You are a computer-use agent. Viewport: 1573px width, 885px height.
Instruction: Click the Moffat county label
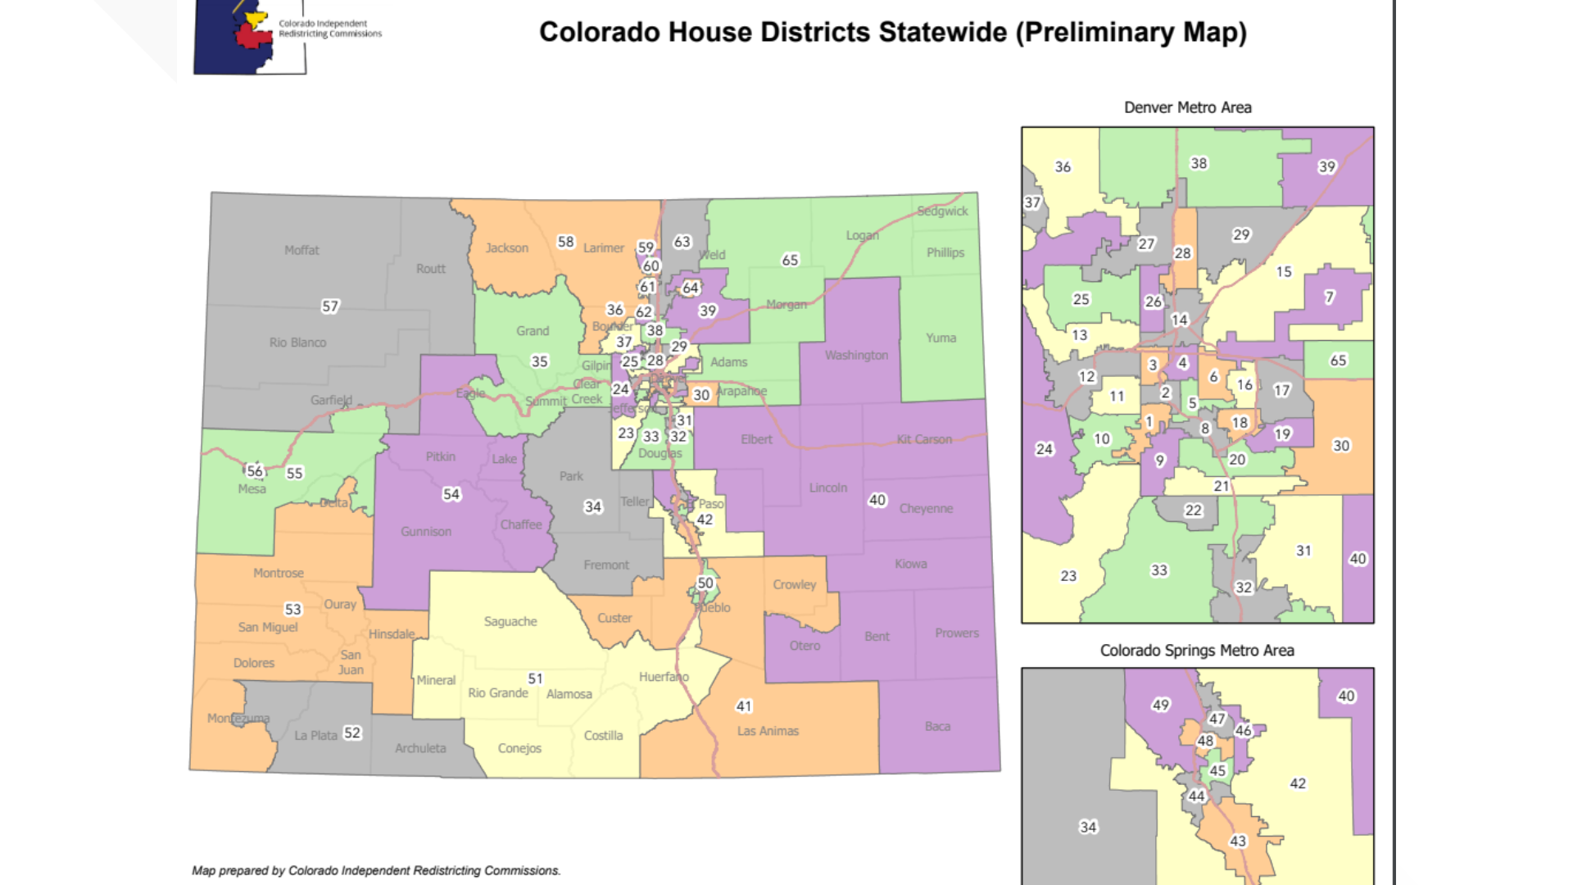pyautogui.click(x=301, y=250)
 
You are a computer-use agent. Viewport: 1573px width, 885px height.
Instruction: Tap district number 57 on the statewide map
pyautogui.click(x=329, y=306)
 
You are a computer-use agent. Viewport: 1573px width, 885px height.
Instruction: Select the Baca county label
pyautogui.click(x=937, y=726)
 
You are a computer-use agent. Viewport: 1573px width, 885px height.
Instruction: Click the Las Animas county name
pyautogui.click(x=767, y=730)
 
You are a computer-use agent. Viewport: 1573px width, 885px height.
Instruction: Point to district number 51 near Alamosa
pyautogui.click(x=535, y=678)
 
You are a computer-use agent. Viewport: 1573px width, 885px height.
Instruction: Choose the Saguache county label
pyautogui.click(x=510, y=621)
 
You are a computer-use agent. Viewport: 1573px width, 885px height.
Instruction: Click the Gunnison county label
pyautogui.click(x=425, y=531)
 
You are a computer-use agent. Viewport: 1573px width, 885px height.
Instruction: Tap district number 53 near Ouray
pyautogui.click(x=292, y=609)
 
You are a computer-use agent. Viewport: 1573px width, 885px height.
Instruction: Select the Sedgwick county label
pyautogui.click(x=942, y=211)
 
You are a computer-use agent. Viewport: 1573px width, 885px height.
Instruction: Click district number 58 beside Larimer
pyautogui.click(x=565, y=241)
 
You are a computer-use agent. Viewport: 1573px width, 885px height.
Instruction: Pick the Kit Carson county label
pyautogui.click(x=923, y=439)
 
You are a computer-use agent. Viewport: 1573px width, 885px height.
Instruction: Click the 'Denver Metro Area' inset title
pyautogui.click(x=1187, y=107)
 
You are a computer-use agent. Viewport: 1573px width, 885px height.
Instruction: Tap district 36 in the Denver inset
pyautogui.click(x=1062, y=166)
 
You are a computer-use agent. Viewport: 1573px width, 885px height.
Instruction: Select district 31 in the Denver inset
pyautogui.click(x=1303, y=551)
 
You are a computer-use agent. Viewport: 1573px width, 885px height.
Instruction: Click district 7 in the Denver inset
pyautogui.click(x=1329, y=297)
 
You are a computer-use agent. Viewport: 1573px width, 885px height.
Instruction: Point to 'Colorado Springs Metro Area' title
pyautogui.click(x=1196, y=651)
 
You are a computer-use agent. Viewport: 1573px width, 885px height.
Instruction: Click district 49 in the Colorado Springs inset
pyautogui.click(x=1160, y=705)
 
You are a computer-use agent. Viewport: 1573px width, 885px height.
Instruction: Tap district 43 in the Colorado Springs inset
pyautogui.click(x=1237, y=841)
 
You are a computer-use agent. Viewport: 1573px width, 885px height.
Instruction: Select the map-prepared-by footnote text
pyautogui.click(x=376, y=870)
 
